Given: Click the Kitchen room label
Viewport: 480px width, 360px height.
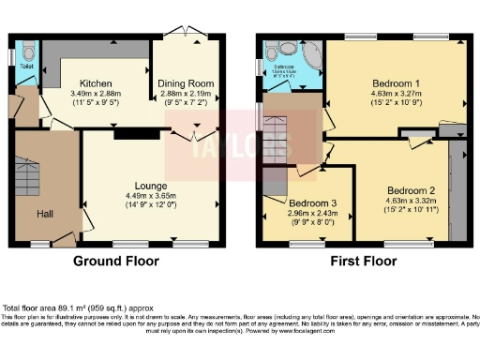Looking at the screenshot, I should click(x=97, y=82).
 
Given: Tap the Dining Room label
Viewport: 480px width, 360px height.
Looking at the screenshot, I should click(x=186, y=82).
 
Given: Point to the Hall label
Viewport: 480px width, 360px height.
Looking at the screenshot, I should click(x=45, y=215).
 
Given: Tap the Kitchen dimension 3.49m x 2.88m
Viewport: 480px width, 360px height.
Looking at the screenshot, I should click(x=97, y=94).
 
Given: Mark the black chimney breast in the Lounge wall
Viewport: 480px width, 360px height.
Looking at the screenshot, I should click(x=125, y=133).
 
